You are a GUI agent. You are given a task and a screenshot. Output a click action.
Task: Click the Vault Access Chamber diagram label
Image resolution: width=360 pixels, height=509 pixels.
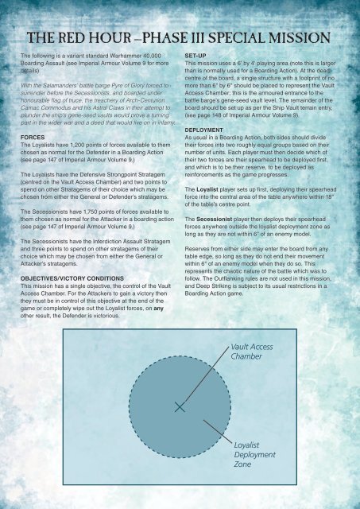(x=253, y=352)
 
